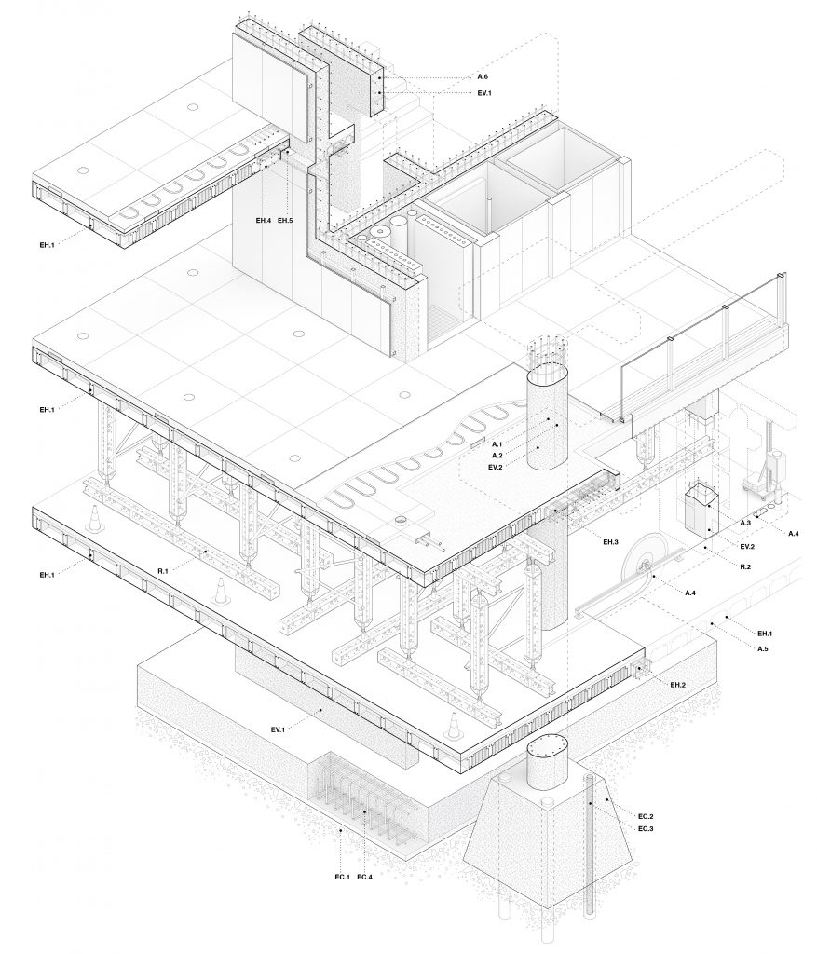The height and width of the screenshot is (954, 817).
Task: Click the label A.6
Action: coord(483,75)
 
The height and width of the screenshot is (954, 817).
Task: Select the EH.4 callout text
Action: coord(264,221)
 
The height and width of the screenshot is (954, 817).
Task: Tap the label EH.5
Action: coord(285,221)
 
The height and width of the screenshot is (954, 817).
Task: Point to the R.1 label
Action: coord(163,569)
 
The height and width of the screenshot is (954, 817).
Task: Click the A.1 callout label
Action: coord(497,443)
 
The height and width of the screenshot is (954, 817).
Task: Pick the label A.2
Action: coord(497,455)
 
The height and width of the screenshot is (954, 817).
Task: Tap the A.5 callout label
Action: coord(762,647)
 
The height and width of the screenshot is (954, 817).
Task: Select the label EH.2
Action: coord(678,685)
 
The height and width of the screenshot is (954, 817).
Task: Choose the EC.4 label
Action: coord(366,877)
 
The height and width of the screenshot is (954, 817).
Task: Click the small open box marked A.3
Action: coord(698,508)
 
